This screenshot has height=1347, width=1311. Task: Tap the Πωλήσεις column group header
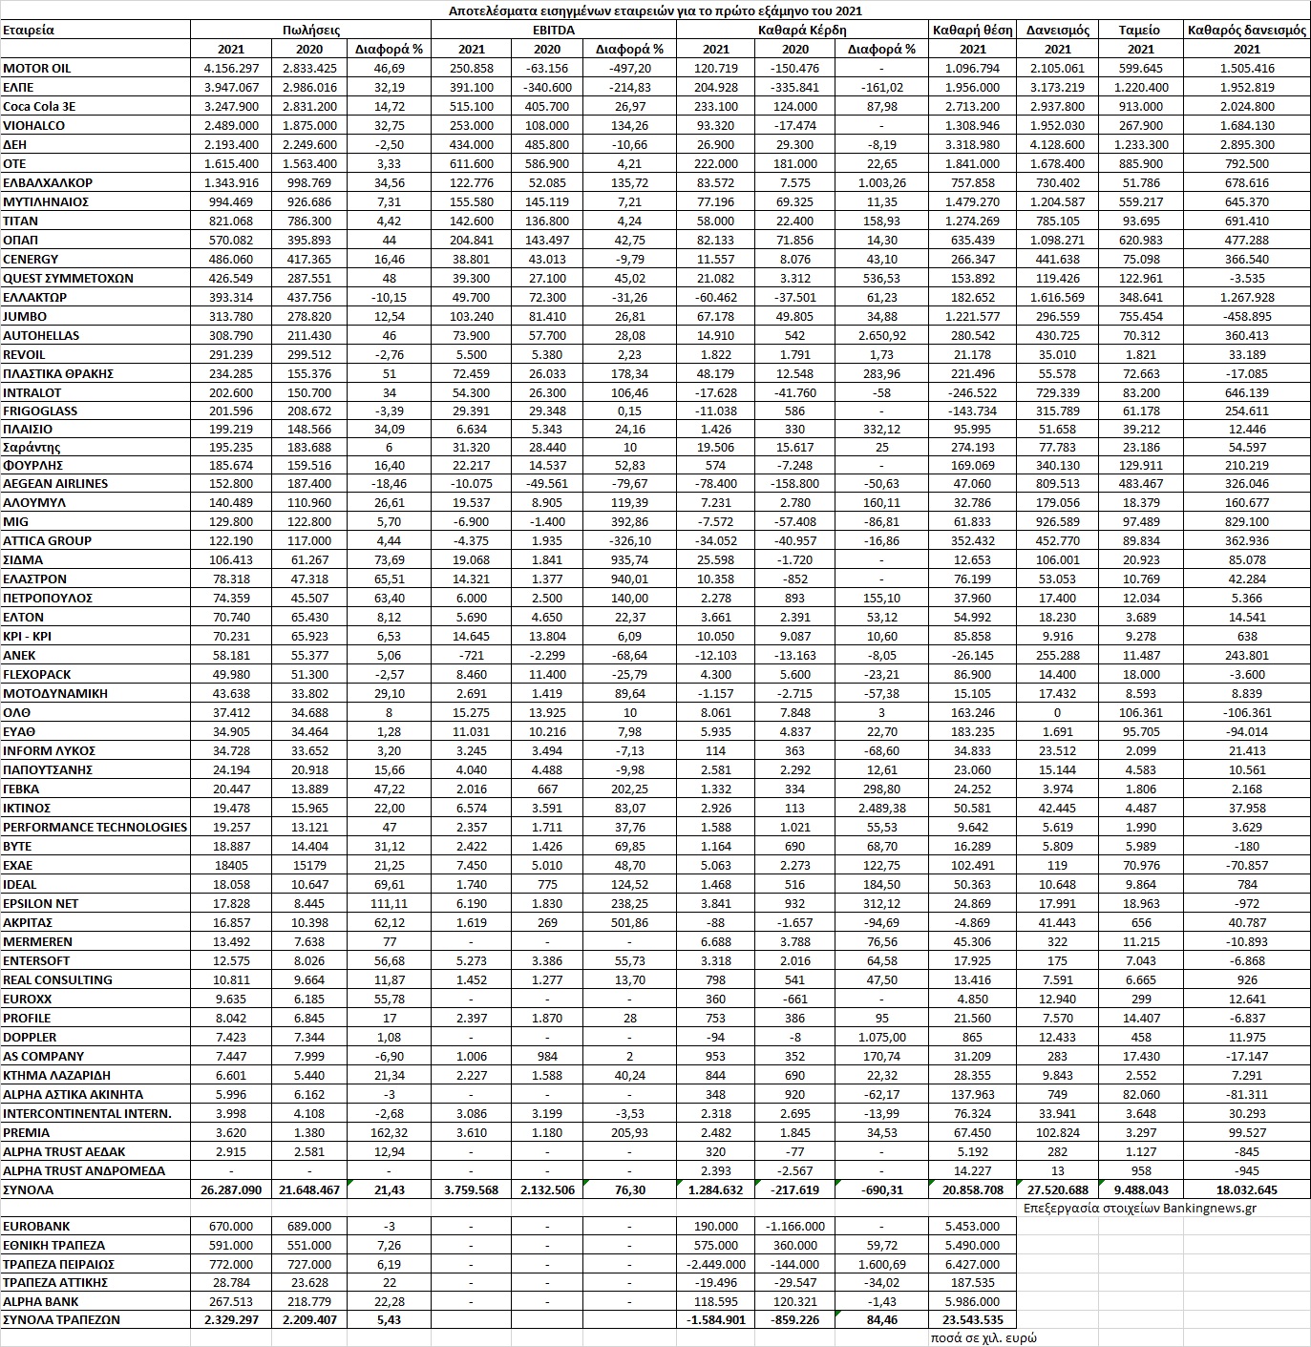pyautogui.click(x=311, y=30)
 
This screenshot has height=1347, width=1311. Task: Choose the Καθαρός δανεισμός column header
pyautogui.click(x=1246, y=30)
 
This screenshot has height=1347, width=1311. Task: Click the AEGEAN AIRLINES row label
pyautogui.click(x=55, y=484)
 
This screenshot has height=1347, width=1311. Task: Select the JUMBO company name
pyautogui.click(x=25, y=316)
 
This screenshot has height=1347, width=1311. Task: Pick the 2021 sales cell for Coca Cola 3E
pyautogui.click(x=231, y=107)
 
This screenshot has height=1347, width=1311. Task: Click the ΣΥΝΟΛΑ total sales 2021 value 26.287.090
pyautogui.click(x=231, y=1190)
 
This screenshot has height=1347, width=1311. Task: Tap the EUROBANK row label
pyautogui.click(x=36, y=1226)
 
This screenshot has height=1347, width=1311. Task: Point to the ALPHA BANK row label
pyautogui.click(x=42, y=1301)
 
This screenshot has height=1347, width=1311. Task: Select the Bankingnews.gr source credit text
pyautogui.click(x=1138, y=1208)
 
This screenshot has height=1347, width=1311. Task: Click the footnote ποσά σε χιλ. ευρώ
pyautogui.click(x=983, y=1337)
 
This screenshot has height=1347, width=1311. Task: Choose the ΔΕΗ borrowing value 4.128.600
pyautogui.click(x=1057, y=144)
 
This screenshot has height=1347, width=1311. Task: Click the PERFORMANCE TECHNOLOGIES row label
pyautogui.click(x=95, y=827)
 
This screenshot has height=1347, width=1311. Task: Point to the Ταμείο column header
pyautogui.click(x=1139, y=30)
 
